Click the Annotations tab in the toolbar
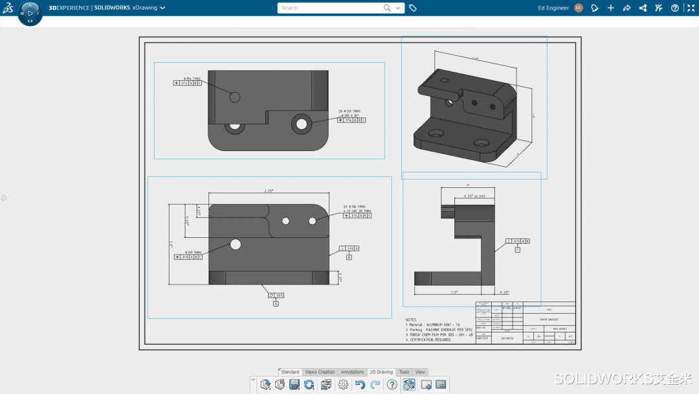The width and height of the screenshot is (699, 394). pos(353,372)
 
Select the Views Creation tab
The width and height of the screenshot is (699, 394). pos(320,372)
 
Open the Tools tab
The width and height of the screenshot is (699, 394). pos(404,372)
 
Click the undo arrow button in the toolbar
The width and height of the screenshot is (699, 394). pos(360,385)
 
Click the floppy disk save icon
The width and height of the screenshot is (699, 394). pos(294,385)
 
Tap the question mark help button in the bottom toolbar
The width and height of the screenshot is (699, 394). pos(392,385)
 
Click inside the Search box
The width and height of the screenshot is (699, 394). pos(330,8)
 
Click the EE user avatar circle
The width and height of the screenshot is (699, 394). pos(579,8)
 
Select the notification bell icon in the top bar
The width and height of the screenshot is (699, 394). pos(595,8)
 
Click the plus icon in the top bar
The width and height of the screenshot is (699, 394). pos(611,8)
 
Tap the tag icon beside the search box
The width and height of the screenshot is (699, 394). pos(413,8)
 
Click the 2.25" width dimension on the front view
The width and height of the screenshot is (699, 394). pos(268,191)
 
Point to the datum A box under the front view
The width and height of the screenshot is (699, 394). pos(276,303)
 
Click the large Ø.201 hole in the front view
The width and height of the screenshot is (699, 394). pos(235,244)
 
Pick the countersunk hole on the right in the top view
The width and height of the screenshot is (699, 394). pos(300,122)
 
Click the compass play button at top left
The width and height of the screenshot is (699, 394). pos(30,13)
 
